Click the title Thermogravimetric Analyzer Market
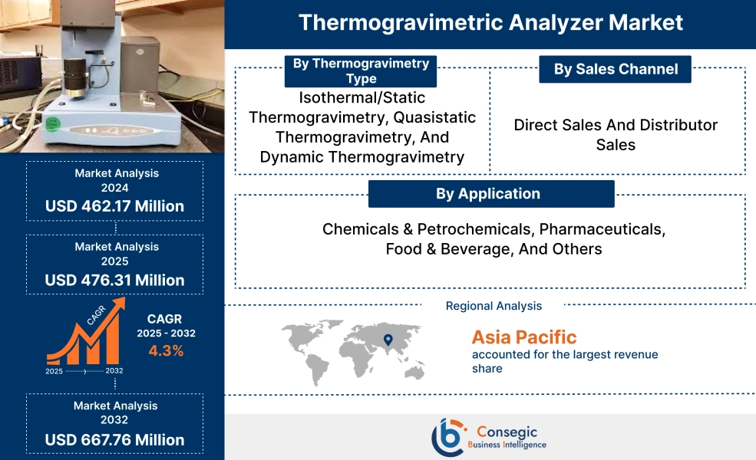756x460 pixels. [x=490, y=22]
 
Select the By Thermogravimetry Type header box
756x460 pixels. [x=361, y=71]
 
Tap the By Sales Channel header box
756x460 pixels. [x=616, y=69]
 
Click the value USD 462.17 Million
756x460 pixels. [x=114, y=205]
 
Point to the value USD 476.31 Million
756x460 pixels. [x=114, y=280]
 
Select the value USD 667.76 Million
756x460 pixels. [x=114, y=439]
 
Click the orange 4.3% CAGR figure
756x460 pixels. [x=166, y=351]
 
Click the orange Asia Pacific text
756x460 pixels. [x=523, y=337]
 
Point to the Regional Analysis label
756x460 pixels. [x=494, y=306]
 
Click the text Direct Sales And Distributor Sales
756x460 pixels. [x=616, y=134]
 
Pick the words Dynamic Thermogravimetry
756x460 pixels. [x=361, y=157]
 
